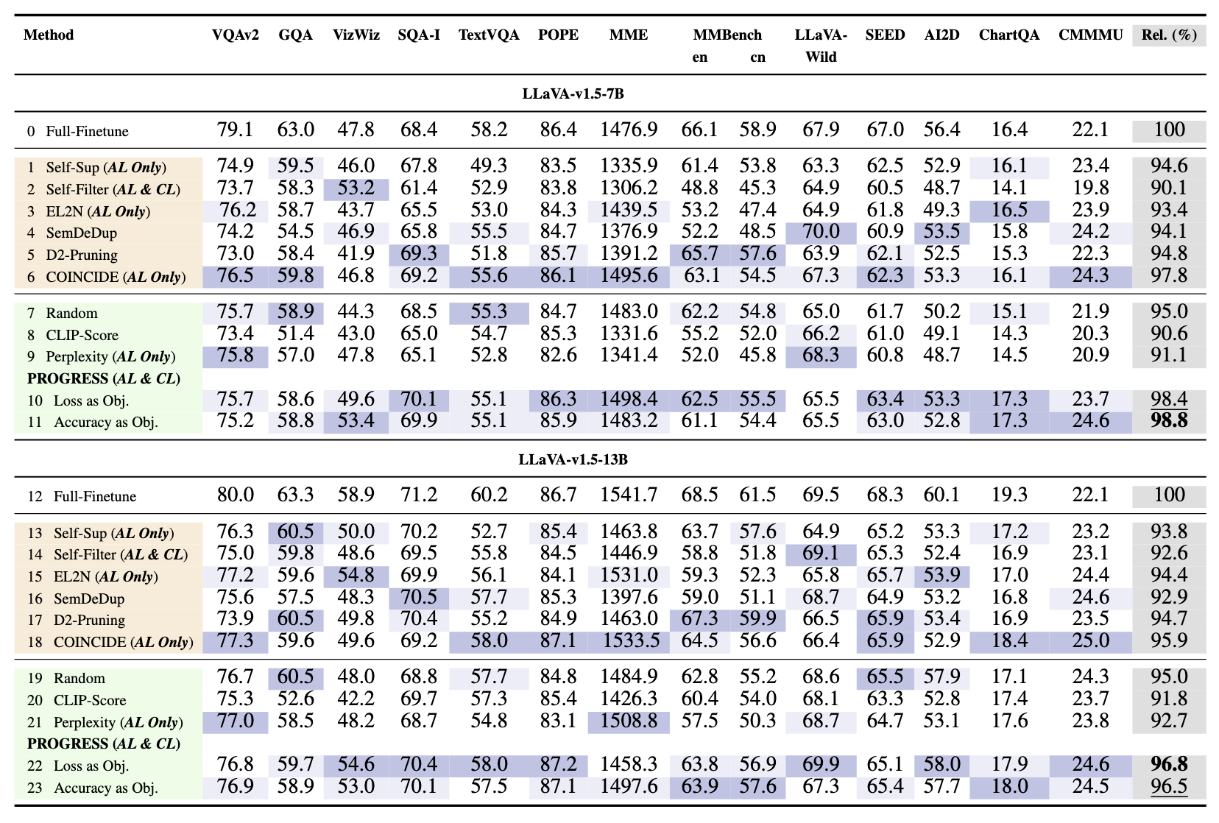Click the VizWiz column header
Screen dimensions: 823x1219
coord(356,35)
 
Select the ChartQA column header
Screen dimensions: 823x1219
coord(1008,35)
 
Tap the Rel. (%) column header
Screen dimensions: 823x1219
coord(1169,35)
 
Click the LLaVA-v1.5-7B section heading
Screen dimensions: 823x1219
coord(573,93)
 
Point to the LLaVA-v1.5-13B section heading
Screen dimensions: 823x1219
coord(573,459)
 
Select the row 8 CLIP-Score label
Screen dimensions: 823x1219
coord(82,335)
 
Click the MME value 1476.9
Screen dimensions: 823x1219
coord(629,130)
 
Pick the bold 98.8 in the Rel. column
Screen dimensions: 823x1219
coord(1169,422)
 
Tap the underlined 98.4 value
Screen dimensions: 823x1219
coord(1169,400)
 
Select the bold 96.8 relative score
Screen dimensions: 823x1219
coord(1169,765)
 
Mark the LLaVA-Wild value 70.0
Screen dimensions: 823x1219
coord(821,233)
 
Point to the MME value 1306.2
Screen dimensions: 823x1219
coord(629,189)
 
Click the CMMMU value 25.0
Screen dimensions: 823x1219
coord(1090,641)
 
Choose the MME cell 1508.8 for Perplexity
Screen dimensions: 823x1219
coord(629,721)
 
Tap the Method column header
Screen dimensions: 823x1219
coord(49,35)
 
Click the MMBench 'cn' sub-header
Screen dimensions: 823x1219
coord(757,57)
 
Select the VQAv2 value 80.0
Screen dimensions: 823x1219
coord(235,495)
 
